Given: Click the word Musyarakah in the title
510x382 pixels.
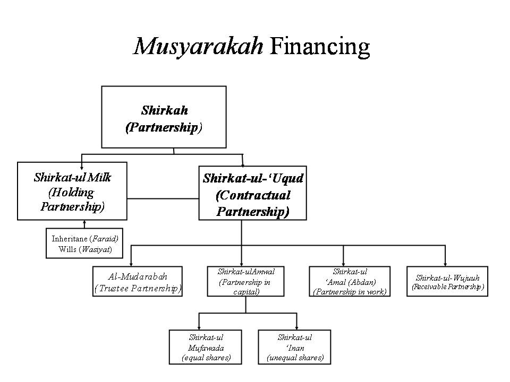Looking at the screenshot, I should click(198, 47).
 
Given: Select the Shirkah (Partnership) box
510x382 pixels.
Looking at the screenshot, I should click(164, 117).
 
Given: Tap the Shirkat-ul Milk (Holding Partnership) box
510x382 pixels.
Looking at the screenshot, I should click(72, 191).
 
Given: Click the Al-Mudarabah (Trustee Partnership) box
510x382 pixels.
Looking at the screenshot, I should click(138, 281).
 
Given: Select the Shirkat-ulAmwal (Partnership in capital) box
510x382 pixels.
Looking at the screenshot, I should click(245, 281).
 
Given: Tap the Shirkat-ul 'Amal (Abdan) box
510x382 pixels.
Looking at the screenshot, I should click(350, 281).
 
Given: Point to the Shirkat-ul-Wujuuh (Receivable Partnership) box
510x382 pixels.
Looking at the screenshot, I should click(447, 282).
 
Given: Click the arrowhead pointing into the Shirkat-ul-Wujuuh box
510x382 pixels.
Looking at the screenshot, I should click(445, 263).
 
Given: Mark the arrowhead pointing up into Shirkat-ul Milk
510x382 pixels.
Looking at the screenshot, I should click(84, 223).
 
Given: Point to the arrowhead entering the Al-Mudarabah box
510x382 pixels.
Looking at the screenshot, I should click(132, 263).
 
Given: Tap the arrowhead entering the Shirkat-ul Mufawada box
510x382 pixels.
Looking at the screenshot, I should click(199, 327).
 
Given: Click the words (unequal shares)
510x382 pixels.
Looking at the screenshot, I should click(295, 358).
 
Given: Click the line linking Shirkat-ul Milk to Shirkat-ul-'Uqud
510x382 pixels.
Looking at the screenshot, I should click(163, 198).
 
